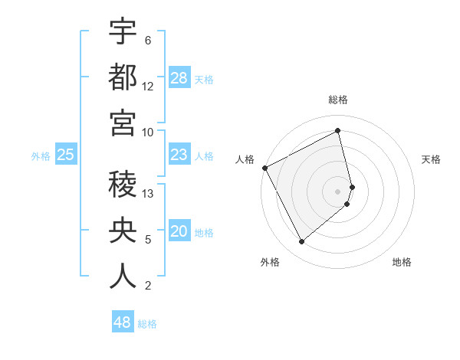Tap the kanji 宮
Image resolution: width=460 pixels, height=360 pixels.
123,123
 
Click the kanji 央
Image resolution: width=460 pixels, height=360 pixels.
123,230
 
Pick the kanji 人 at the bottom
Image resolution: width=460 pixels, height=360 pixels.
123,276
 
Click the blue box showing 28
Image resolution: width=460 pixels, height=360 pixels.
179,78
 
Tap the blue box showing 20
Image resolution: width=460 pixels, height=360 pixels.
179,232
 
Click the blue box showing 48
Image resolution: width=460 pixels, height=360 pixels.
123,322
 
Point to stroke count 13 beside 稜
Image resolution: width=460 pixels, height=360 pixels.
149,194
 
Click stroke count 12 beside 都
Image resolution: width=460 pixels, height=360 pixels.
148,87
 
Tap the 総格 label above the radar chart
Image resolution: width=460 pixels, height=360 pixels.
338,100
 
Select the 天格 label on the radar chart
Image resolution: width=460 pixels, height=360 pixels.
431,159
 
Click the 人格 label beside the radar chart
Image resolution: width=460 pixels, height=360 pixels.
245,159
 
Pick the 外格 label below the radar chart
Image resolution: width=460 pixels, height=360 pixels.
269,262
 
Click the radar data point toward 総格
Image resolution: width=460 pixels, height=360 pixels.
338,130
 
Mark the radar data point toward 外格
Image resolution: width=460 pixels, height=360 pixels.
301,242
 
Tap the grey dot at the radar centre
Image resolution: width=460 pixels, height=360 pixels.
338,191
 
